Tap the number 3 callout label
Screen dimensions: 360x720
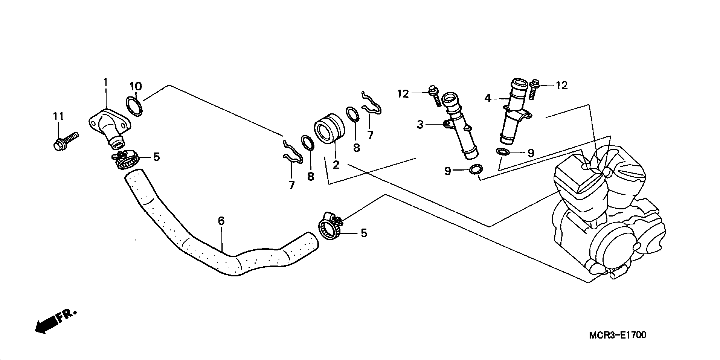[x=420, y=125]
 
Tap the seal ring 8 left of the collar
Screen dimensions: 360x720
[x=307, y=142]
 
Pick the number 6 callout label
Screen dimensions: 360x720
[x=221, y=221]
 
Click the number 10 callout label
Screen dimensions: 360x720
[x=135, y=87]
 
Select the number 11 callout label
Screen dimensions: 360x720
[x=58, y=116]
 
